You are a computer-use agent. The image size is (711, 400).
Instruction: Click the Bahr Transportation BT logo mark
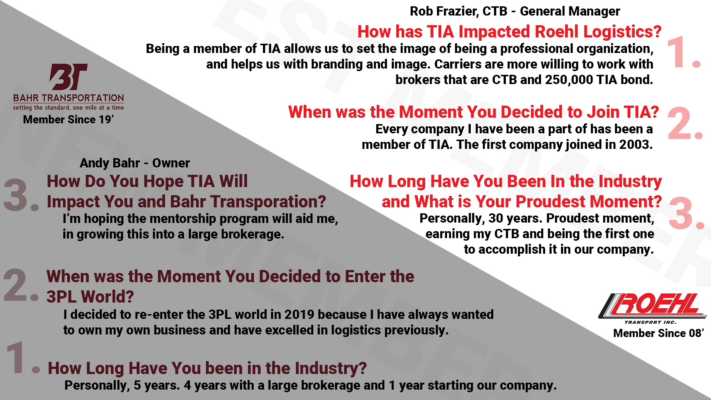pyautogui.click(x=69, y=77)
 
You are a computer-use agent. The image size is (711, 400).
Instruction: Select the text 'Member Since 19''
pyautogui.click(x=69, y=120)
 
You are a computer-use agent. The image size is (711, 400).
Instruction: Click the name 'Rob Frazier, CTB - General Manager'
pyautogui.click(x=515, y=11)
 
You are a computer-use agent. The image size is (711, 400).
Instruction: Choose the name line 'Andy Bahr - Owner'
pyautogui.click(x=135, y=163)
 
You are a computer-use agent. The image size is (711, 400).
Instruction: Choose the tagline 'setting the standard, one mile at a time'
pyautogui.click(x=69, y=107)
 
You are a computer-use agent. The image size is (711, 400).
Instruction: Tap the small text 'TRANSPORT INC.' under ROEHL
pyautogui.click(x=650, y=322)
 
